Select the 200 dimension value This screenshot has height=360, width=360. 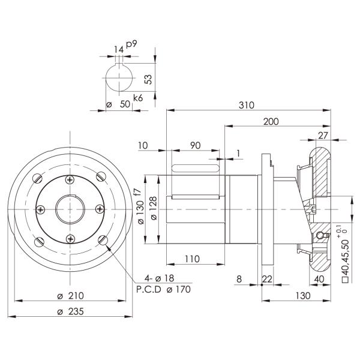coord(271,121)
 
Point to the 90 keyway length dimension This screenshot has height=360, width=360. coord(195,146)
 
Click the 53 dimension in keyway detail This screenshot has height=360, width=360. coord(149,79)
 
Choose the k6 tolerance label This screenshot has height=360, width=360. coord(138,98)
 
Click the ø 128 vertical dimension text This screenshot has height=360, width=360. coord(154,208)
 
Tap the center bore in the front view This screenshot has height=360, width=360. coord(71,209)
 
